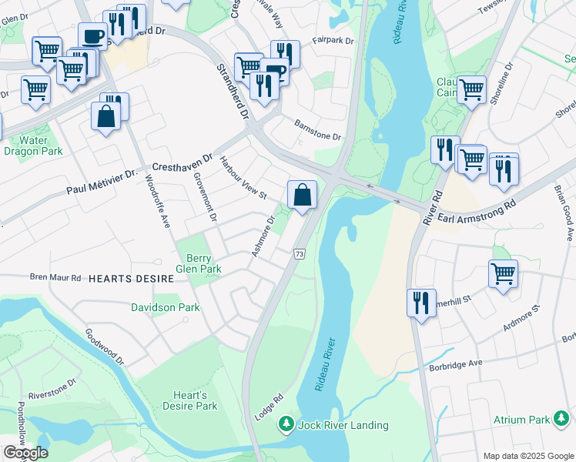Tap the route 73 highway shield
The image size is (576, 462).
(x=300, y=254)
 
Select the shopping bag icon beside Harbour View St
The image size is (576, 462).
(x=303, y=195)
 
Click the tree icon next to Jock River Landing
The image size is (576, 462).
(x=286, y=424)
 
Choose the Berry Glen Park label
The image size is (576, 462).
(x=199, y=263)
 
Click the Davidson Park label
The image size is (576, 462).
(x=168, y=307)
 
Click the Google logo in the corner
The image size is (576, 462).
(x=25, y=452)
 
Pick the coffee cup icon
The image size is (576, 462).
(x=92, y=36)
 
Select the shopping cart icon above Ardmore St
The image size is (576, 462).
(x=503, y=273)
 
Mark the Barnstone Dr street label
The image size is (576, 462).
(x=317, y=130)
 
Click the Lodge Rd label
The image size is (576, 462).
(x=269, y=407)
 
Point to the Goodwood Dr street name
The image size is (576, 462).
(x=105, y=347)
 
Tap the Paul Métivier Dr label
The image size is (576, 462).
(x=102, y=183)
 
